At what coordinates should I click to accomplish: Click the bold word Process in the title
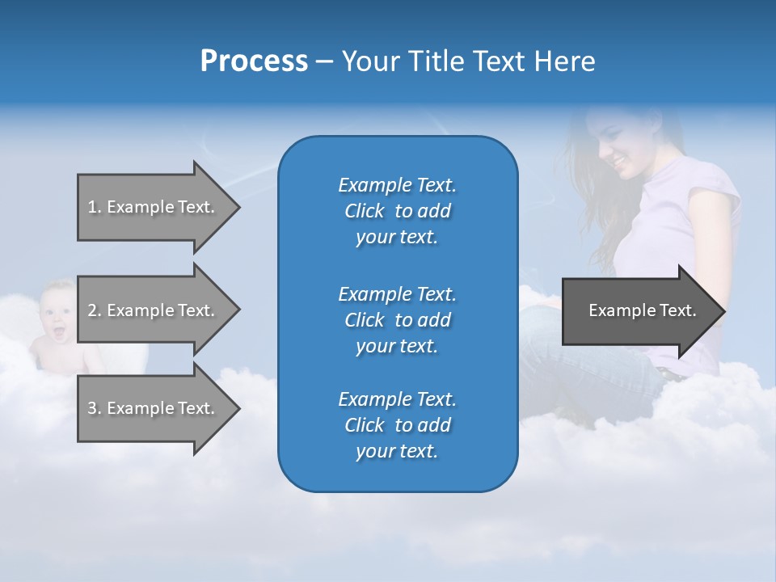pos(254,61)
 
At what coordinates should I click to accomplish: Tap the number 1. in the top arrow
pos(95,207)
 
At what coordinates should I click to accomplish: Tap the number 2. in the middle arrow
pos(95,310)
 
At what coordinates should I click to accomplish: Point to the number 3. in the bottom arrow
pos(95,408)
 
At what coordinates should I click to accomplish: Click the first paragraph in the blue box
pos(397,211)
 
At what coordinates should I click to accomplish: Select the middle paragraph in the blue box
pos(397,320)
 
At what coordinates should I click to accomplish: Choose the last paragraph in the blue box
pos(397,425)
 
